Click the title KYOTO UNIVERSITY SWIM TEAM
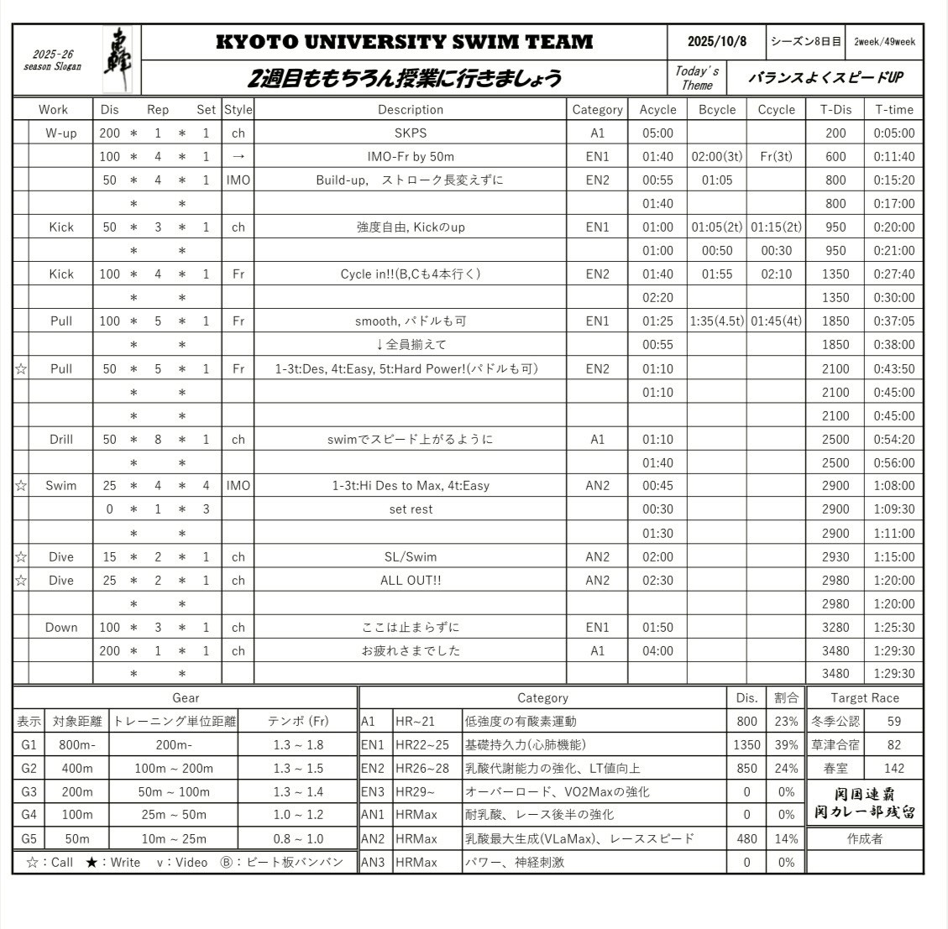pos(404,42)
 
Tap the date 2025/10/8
pos(715,41)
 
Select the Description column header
pos(410,109)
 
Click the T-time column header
pos(893,109)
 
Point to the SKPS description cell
pos(410,133)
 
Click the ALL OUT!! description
pos(410,580)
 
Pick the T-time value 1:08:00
pos(893,485)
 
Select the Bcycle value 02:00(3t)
pos(716,156)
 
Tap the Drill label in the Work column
pos(60,439)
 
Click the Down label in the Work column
pos(60,627)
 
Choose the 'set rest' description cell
pos(410,509)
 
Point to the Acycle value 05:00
pos(657,133)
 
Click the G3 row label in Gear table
pos(29,791)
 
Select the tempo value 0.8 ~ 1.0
pos(297,838)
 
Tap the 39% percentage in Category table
pos(786,744)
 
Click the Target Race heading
pos(864,697)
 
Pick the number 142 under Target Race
pos(893,768)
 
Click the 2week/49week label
pos(884,41)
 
